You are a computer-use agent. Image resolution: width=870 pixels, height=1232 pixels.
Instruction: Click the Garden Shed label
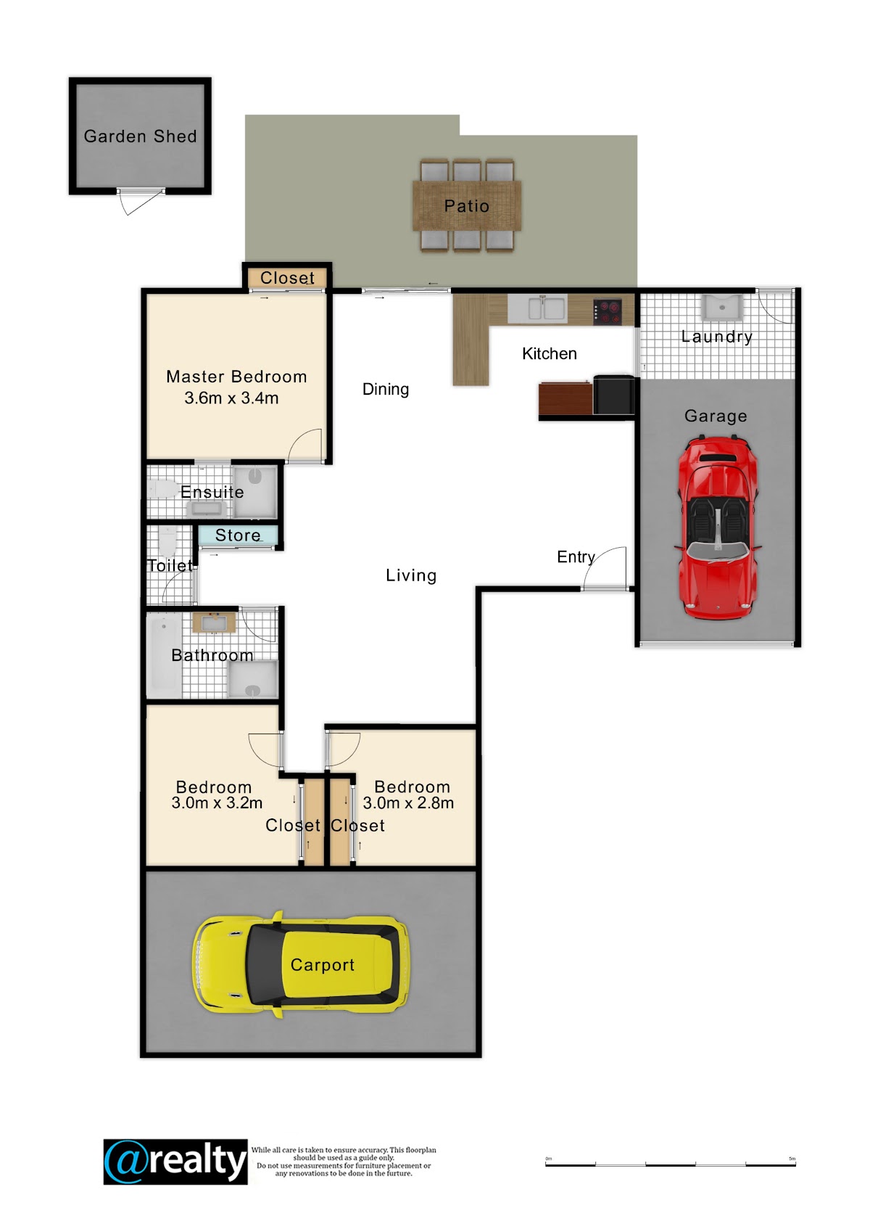click(140, 136)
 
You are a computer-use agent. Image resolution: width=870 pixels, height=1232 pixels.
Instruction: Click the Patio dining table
click(467, 206)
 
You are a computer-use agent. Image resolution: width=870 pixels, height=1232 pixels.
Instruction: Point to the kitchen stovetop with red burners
click(608, 311)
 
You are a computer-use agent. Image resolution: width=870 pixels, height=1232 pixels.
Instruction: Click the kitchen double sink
click(537, 309)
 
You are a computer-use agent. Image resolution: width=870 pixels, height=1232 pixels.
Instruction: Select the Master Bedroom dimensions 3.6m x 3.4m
click(231, 398)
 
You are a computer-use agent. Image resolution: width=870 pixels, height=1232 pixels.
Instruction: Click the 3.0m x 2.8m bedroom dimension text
click(408, 803)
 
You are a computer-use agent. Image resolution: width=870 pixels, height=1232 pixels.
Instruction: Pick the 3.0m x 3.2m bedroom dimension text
click(217, 803)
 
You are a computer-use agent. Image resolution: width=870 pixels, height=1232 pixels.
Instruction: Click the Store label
click(238, 535)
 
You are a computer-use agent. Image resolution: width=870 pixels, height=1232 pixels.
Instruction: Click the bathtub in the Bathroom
click(164, 656)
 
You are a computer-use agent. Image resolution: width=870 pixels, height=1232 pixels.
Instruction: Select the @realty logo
click(175, 1162)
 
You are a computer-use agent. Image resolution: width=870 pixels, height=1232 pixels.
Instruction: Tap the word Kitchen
click(549, 353)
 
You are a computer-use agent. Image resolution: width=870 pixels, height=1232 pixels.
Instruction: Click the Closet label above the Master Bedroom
click(287, 278)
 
